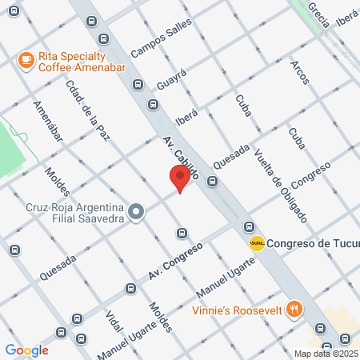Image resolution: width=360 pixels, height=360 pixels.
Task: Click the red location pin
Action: coord(179,178)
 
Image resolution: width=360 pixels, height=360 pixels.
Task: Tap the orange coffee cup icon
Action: coord(26,59)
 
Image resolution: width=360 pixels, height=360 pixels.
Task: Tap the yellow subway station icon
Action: coord(256,243)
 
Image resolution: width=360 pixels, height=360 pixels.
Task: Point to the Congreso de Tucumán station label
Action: coord(312,244)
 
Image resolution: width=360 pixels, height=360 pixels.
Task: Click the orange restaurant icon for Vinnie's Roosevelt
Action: coord(294,309)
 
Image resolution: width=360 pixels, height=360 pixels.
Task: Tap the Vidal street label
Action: coord(113,318)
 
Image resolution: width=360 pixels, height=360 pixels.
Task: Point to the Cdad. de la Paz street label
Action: coord(88,112)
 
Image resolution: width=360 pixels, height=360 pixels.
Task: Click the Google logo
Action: coord(26,350)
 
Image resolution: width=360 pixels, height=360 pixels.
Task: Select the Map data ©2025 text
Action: coord(325,354)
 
